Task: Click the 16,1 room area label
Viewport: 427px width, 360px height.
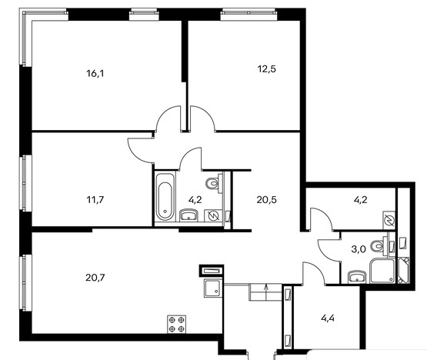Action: [95, 74]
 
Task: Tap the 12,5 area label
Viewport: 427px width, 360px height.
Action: [267, 69]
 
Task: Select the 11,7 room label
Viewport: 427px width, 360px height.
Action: [95, 200]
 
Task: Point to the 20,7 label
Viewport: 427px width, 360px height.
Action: [95, 278]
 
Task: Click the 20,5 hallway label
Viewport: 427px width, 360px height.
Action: [267, 200]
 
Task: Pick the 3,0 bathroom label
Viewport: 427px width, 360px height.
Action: [359, 249]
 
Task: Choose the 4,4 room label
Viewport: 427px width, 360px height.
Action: [328, 318]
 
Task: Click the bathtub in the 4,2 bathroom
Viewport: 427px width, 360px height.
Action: [165, 196]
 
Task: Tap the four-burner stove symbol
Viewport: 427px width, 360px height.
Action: [176, 324]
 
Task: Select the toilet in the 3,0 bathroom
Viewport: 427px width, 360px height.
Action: [380, 246]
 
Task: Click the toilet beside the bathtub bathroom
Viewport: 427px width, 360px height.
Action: [214, 183]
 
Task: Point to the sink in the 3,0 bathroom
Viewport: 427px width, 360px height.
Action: [357, 277]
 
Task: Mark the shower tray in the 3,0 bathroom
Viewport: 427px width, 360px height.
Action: [382, 271]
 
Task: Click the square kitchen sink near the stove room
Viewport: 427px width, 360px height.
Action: [213, 288]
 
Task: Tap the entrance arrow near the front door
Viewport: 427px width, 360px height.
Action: [265, 292]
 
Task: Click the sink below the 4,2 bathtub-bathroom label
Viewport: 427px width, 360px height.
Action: [189, 215]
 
